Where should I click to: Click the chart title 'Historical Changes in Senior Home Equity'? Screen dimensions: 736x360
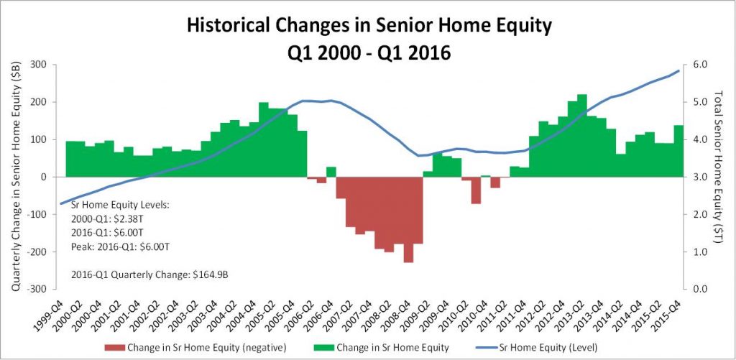click(x=369, y=27)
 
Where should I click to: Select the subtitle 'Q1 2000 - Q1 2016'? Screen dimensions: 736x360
click(x=369, y=53)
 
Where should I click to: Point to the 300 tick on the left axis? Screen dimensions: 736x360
click(x=42, y=64)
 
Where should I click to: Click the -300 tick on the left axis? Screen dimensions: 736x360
click(x=40, y=289)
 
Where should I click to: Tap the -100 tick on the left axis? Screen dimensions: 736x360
click(x=40, y=215)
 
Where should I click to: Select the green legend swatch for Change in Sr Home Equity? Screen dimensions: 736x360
click(x=323, y=348)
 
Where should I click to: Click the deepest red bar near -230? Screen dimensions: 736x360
click(x=408, y=220)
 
